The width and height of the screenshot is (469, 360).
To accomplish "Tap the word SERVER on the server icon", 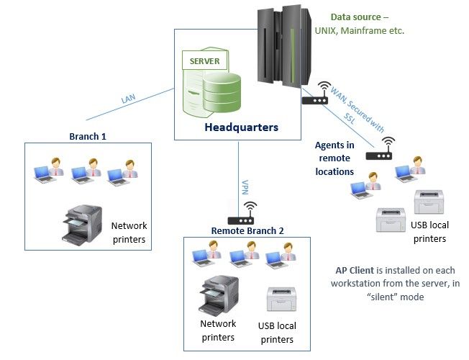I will tap(204, 61).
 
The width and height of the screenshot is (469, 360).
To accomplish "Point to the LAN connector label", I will tap(128, 99).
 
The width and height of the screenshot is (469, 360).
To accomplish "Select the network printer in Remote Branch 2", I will tap(218, 295).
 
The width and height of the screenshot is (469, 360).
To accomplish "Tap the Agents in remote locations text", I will tap(334, 158).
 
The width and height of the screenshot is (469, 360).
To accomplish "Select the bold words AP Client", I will tap(355, 270).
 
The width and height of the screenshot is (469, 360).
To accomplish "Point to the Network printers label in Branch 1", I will tap(129, 232).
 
